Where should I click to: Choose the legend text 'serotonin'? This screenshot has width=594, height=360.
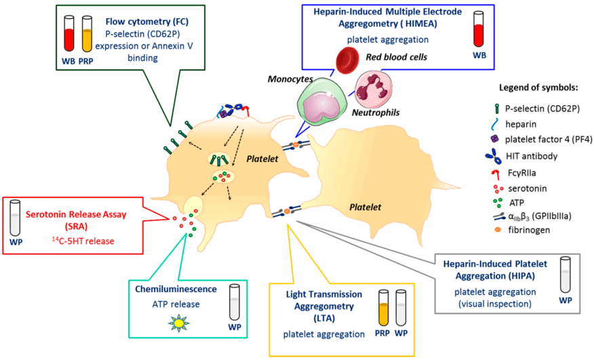[x=532, y=187]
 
